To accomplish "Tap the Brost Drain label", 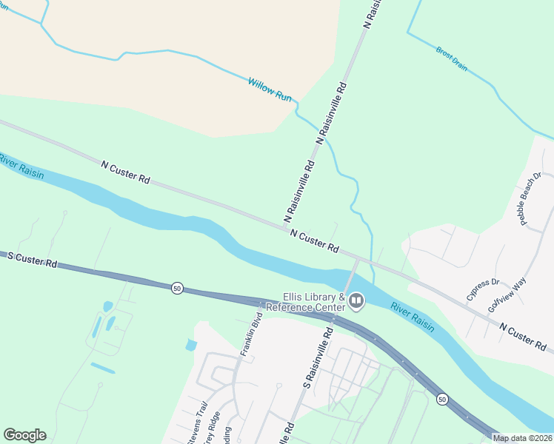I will (452, 59).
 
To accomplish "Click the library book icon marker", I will (357, 300).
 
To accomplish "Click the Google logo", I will (24, 435).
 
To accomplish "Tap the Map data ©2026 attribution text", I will (522, 438).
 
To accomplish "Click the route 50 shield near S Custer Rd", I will (176, 287).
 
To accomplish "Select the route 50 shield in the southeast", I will (442, 399).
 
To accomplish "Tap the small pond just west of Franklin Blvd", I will (192, 345).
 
